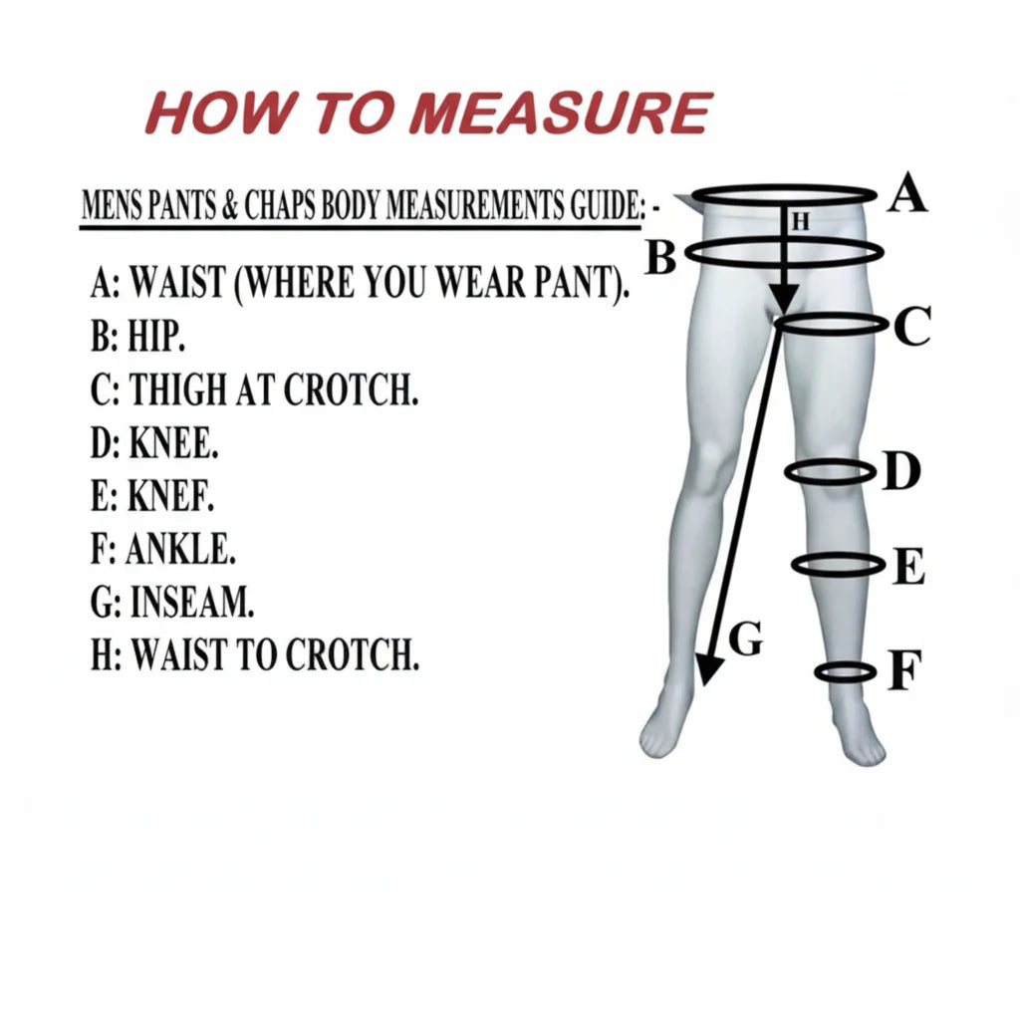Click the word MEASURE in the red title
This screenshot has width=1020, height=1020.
pyautogui.click(x=561, y=113)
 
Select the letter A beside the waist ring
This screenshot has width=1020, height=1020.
pyautogui.click(x=906, y=192)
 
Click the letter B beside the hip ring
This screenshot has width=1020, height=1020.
pyautogui.click(x=661, y=257)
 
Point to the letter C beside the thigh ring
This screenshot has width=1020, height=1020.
pyautogui.click(x=911, y=327)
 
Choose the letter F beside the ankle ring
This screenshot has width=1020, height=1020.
pyautogui.click(x=904, y=669)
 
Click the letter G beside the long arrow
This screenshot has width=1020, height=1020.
pyautogui.click(x=745, y=638)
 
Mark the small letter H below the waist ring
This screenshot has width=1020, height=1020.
pyautogui.click(x=801, y=222)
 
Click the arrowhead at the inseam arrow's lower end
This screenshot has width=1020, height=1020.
pyautogui.click(x=709, y=670)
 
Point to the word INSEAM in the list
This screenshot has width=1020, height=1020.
pyautogui.click(x=192, y=602)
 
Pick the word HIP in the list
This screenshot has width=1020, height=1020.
pyautogui.click(x=156, y=337)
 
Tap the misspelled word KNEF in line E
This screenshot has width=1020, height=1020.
pyautogui.click(x=170, y=496)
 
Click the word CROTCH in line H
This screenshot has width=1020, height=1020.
pyautogui.click(x=353, y=654)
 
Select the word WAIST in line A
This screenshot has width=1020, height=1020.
pyautogui.click(x=177, y=282)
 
